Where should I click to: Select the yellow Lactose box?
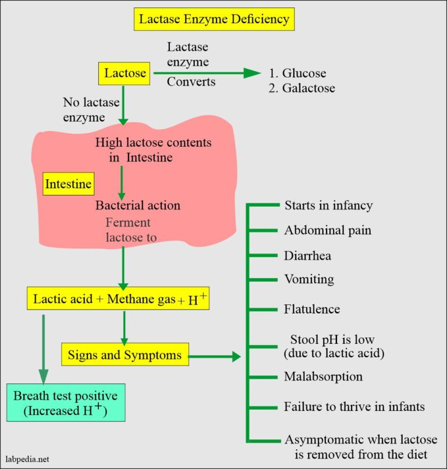(x=123, y=73)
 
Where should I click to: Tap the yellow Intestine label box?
(x=69, y=184)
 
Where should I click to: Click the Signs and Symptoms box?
(x=125, y=355)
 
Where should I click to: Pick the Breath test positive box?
(x=65, y=403)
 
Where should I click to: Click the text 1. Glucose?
(x=297, y=73)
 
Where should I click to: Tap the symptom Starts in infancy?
(x=328, y=205)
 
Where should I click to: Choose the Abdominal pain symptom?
(x=328, y=230)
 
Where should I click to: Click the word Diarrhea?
(x=308, y=255)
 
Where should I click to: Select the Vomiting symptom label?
(x=309, y=279)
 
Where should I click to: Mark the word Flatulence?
(x=312, y=308)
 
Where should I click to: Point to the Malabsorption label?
(x=323, y=376)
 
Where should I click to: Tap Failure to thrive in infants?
(x=354, y=406)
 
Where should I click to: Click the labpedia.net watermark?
(x=29, y=459)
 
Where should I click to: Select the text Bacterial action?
(x=138, y=205)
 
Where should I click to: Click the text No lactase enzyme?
(x=91, y=109)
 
